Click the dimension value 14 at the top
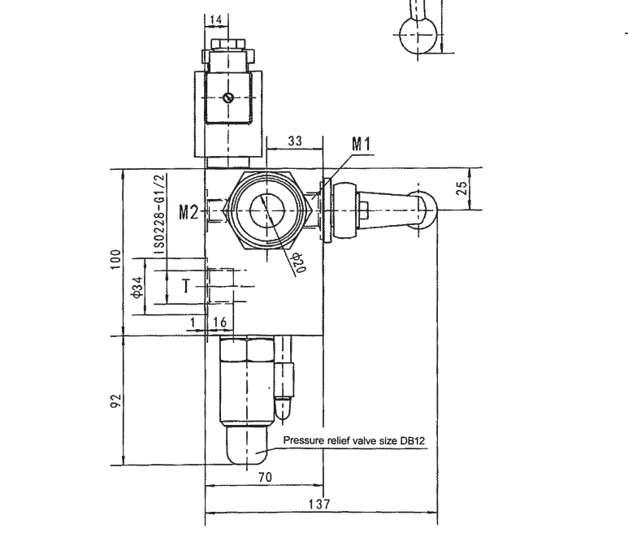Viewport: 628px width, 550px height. (x=215, y=20)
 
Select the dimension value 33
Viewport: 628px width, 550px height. (x=295, y=141)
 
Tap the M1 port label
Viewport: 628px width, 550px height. (x=361, y=145)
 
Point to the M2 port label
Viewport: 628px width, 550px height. (x=188, y=212)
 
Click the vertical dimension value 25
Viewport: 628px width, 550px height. (x=461, y=188)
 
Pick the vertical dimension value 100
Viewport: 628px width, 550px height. (x=115, y=259)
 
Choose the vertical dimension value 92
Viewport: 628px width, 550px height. (x=115, y=401)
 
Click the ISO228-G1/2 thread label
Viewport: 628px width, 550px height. (x=159, y=214)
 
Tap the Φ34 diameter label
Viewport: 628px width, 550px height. (x=137, y=288)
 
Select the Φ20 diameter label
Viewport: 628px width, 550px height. (x=299, y=262)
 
